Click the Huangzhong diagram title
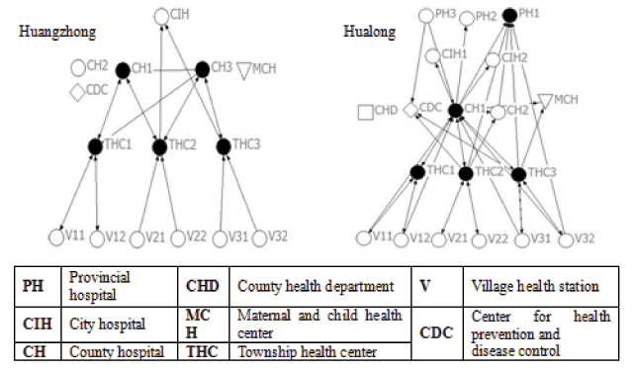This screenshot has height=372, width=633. pyautogui.click(x=57, y=32)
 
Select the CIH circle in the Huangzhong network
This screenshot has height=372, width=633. pyautogui.click(x=163, y=16)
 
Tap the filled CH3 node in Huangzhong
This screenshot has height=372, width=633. pyautogui.click(x=203, y=69)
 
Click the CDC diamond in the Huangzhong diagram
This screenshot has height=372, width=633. pyautogui.click(x=77, y=92)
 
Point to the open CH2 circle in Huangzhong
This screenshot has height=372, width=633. pyautogui.click(x=77, y=68)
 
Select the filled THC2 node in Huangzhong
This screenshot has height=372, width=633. pyautogui.click(x=160, y=146)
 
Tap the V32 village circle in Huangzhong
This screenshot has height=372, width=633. pyautogui.click(x=259, y=237)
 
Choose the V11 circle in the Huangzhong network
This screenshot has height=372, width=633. pyautogui.click(x=58, y=237)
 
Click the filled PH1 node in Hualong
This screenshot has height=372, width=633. pyautogui.click(x=509, y=15)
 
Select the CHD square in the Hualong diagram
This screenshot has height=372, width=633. pyautogui.click(x=366, y=112)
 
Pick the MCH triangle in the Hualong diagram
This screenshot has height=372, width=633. pyautogui.click(x=545, y=100)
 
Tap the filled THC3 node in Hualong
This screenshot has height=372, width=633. pyautogui.click(x=518, y=175)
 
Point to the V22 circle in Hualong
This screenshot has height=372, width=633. pyautogui.click(x=479, y=238)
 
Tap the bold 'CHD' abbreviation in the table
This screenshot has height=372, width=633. pyautogui.click(x=203, y=286)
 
